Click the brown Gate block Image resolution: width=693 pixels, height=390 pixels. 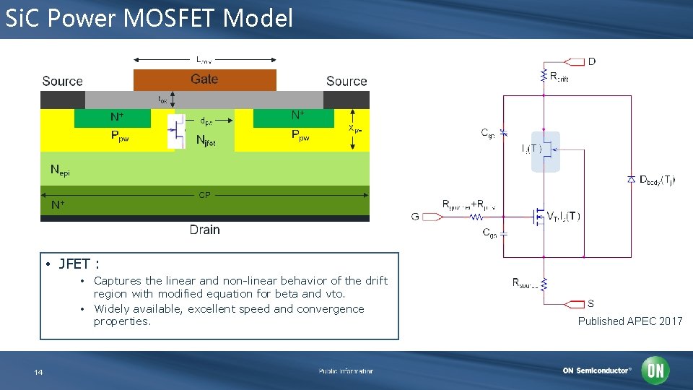tap(204, 79)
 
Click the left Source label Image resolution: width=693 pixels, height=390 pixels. tap(62, 82)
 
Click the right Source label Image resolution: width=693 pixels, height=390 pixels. tap(346, 82)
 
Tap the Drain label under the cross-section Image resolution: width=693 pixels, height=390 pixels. tap(204, 230)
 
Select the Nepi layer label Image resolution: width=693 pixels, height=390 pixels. tap(60, 170)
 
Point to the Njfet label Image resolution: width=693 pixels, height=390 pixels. tap(206, 142)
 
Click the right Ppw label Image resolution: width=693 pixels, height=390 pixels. tap(301, 135)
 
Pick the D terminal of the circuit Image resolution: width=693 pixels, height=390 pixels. tap(592, 61)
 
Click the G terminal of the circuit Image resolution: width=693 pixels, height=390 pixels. tap(415, 216)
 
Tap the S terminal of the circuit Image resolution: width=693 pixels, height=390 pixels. tap(591, 303)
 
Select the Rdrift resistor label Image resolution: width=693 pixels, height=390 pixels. tap(559, 77)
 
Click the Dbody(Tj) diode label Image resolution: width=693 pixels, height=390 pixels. tap(657, 179)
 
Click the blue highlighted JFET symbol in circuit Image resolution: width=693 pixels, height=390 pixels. tap(545, 151)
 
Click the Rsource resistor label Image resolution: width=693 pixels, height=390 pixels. tap(526, 284)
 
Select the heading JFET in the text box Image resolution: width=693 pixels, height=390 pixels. tap(74, 264)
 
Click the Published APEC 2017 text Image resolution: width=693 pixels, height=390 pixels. tap(629, 321)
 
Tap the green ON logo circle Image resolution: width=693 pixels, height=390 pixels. tap(655, 370)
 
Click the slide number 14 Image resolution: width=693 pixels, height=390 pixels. tap(38, 372)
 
